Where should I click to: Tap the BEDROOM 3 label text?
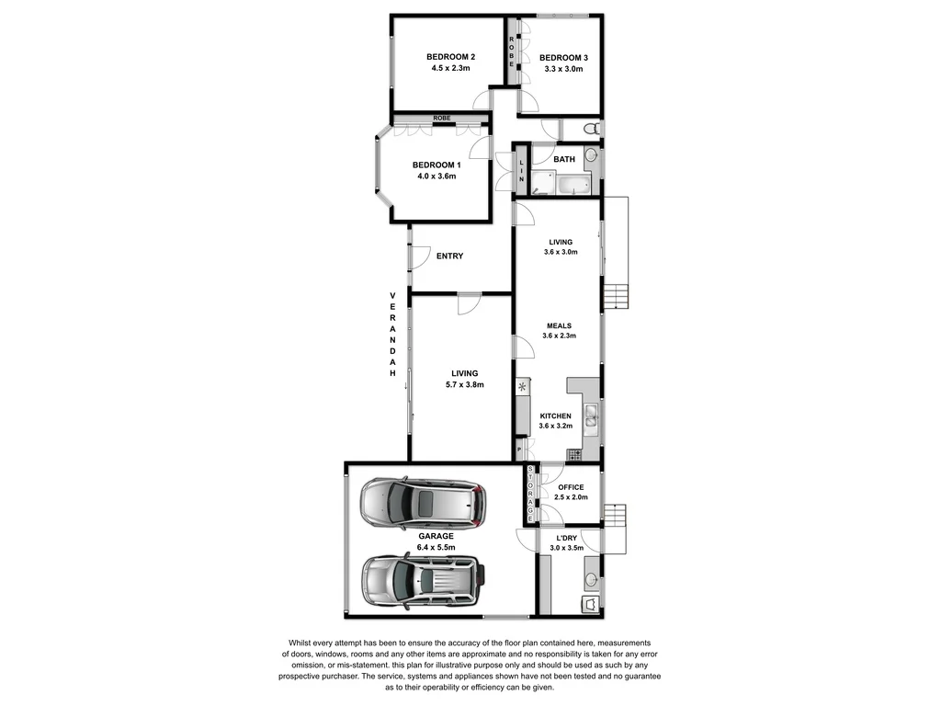[x=563, y=57]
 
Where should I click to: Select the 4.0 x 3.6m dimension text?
[x=436, y=176]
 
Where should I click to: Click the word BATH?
[x=564, y=159]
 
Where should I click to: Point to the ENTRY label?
[x=449, y=256]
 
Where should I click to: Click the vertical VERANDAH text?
[x=392, y=335]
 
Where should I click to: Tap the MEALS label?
[x=559, y=325]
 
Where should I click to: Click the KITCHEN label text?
[x=556, y=416]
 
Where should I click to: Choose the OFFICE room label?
[x=571, y=487]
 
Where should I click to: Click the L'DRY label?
[x=567, y=537]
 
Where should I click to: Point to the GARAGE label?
[x=436, y=536]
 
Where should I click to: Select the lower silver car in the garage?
[x=422, y=578]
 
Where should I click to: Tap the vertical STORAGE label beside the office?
[x=530, y=495]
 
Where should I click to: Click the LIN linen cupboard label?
[x=521, y=170]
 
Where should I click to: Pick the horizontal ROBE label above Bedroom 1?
[x=442, y=119]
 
